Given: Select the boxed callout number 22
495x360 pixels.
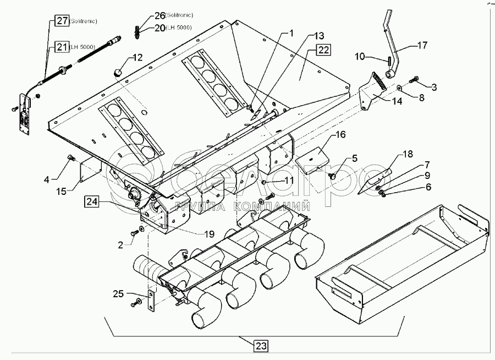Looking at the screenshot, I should point(323,50).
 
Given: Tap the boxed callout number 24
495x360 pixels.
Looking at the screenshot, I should point(92,201).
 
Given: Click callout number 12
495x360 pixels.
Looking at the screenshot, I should point(137,57).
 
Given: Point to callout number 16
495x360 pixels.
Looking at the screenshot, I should point(340,134).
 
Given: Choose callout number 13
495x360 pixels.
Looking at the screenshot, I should point(319,36).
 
